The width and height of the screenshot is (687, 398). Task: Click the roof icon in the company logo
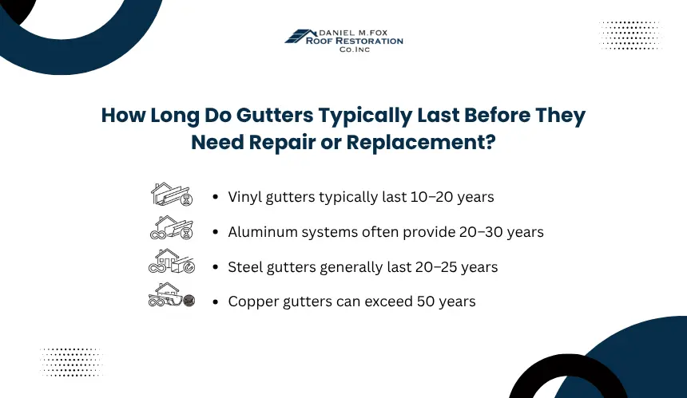[300, 37]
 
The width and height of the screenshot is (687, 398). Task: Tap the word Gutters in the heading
[275, 116]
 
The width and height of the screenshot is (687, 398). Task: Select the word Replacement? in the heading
[421, 143]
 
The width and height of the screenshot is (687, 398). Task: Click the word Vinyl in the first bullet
[245, 197]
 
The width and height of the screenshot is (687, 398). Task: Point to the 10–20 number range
[431, 197]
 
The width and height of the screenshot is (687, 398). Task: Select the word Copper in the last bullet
[253, 301]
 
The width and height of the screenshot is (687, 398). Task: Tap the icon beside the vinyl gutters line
[171, 194]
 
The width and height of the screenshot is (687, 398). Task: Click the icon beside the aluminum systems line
[171, 227]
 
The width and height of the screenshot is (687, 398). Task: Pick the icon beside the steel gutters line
[171, 261]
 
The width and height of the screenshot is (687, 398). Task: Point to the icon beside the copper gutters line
[171, 295]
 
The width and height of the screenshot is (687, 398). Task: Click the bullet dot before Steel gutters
[215, 267]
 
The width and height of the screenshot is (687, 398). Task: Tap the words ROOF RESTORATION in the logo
[355, 41]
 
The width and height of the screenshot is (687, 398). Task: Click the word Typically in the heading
[365, 116]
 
